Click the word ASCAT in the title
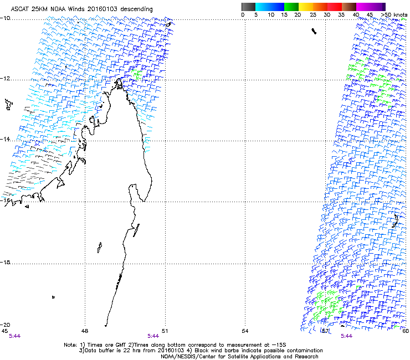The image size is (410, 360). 20,9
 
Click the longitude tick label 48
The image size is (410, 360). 84,331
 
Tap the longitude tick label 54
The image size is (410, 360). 245,331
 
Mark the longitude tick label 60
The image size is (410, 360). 406,331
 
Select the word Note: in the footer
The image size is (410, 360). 70,344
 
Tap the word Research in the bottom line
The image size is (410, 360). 288,357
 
